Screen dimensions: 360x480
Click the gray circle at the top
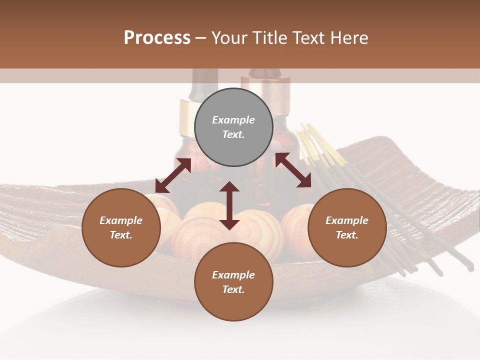[233, 127]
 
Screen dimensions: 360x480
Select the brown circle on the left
[121, 228]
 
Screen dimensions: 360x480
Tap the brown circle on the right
[347, 228]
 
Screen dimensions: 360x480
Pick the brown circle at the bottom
[233, 282]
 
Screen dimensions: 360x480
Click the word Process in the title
[157, 37]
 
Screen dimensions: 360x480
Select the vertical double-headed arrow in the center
[229, 205]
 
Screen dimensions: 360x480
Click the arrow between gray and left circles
[173, 175]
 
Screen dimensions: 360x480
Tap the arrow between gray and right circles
[293, 170]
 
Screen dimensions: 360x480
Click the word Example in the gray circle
[233, 120]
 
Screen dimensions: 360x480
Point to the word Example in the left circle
[121, 220]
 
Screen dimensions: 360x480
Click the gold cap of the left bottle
[188, 117]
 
